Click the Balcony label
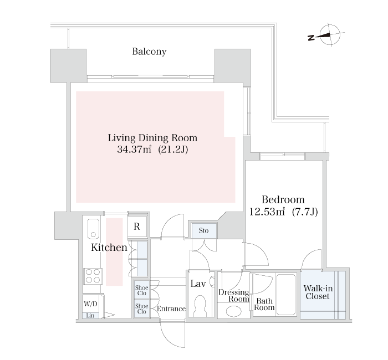[x=149, y=52]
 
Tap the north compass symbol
[x=326, y=35]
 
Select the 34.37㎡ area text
[x=134, y=150]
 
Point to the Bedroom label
[x=283, y=199]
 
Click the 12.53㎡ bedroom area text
[x=267, y=212]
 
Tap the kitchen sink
[x=93, y=229]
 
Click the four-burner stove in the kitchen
[x=93, y=276]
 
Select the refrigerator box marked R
[x=137, y=227]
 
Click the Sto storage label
[x=203, y=230]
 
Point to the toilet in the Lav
[x=201, y=306]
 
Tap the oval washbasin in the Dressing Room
[x=234, y=311]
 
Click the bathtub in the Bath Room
[x=286, y=294]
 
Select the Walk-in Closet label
[x=318, y=292]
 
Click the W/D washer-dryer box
[x=90, y=304]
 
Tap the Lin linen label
[x=90, y=316]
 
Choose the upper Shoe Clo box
[x=141, y=290]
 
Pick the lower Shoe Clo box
[x=141, y=308]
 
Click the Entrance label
[x=171, y=308]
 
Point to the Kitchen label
[x=109, y=247]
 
